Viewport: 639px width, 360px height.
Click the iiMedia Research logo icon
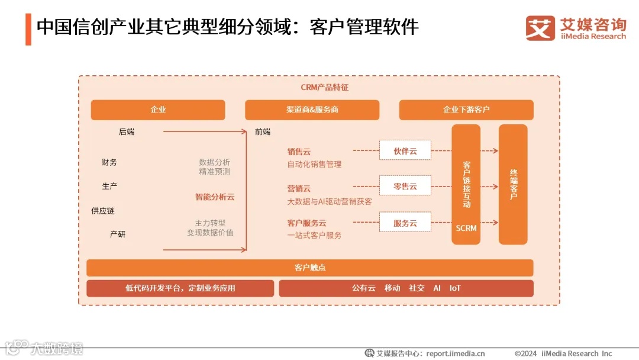[x=540, y=28]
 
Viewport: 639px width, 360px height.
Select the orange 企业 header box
[x=158, y=110]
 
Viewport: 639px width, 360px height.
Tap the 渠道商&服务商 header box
[x=312, y=110]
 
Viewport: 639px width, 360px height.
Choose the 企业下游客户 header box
[x=466, y=110]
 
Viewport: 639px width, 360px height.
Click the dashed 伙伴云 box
[x=405, y=151]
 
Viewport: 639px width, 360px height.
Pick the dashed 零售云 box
[x=405, y=186]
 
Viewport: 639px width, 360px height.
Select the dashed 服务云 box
[x=405, y=223]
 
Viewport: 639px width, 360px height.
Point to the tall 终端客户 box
[x=513, y=184]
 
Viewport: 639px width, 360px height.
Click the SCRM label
[x=466, y=228]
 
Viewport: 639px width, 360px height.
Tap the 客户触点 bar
[x=310, y=268]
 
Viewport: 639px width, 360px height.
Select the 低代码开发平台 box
[x=180, y=288]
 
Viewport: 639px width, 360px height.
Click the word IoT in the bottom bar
[x=455, y=288]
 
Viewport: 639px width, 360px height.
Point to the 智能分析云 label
[x=215, y=197]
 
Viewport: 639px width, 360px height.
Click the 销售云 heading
[x=299, y=152]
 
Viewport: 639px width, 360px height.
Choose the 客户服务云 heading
[x=306, y=223]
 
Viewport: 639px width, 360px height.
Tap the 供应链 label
[x=102, y=210]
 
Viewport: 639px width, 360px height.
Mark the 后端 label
[x=127, y=132]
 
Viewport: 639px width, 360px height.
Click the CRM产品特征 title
[x=325, y=88]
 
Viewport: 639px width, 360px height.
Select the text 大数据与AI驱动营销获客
[x=330, y=201]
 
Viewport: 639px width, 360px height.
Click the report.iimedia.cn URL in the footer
[x=456, y=353]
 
